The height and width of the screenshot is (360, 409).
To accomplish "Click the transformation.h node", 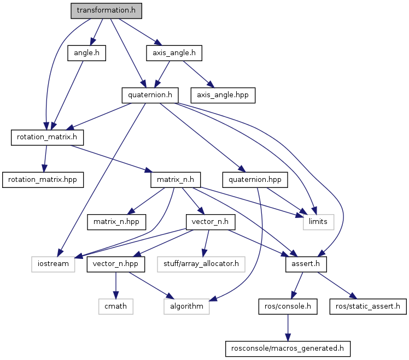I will pos(106,10).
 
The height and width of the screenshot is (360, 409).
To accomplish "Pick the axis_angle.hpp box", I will pos(223,95).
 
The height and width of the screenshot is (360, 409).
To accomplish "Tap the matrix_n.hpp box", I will pos(117,222).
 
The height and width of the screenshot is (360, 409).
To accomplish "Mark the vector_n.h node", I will pos(211,222).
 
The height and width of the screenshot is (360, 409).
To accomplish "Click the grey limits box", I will pos(315,222).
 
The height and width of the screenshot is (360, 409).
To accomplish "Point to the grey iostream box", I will pos(52,264).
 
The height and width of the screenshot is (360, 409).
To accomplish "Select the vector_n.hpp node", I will pos(115,264).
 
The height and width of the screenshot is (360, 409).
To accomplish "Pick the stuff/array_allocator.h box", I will pos(201,264).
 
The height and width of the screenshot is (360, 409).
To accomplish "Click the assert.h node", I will pos(306,264).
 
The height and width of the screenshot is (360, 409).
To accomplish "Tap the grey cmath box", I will pos(115,306).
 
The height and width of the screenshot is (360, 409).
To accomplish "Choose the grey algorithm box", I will pos(186,306).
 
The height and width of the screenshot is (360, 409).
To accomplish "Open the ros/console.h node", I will pos(288,306).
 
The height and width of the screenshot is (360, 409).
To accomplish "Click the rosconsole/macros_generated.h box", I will pos(288,348).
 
